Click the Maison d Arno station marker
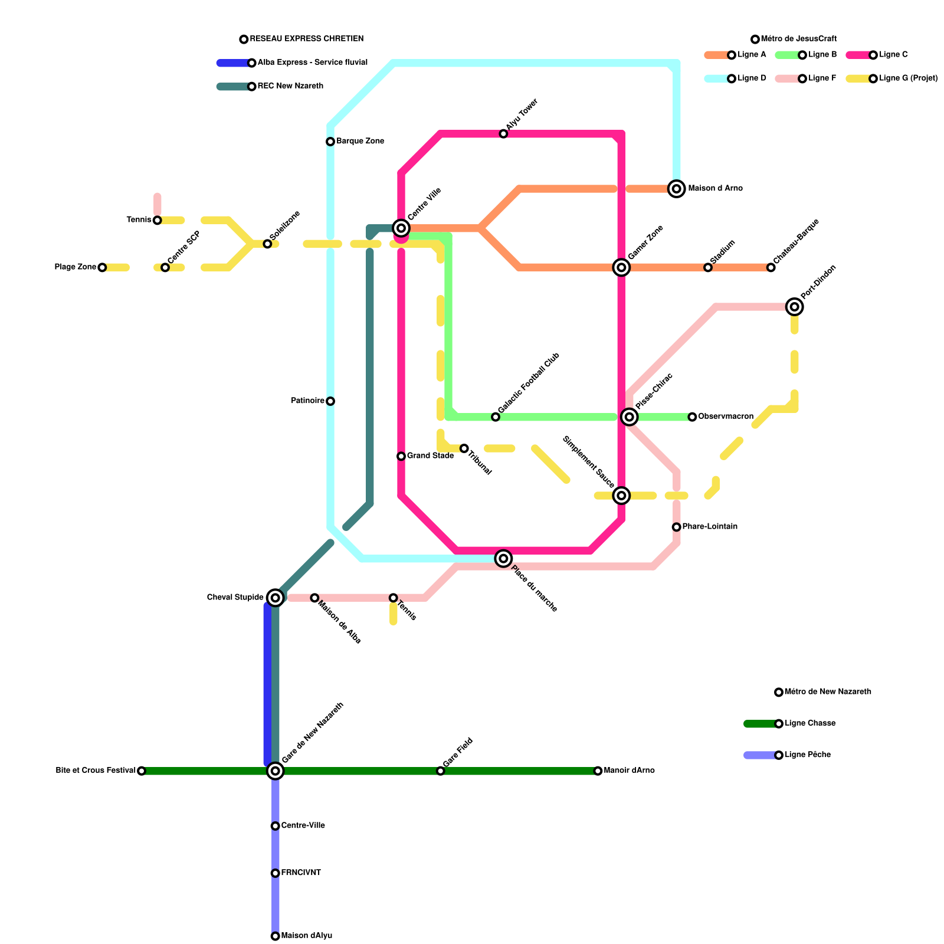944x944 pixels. [x=677, y=189]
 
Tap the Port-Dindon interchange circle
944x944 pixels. [x=795, y=307]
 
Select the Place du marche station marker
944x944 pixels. [x=503, y=558]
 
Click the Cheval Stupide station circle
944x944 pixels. [x=275, y=598]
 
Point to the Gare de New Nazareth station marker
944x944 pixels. [x=275, y=771]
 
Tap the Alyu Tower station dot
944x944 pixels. [x=503, y=134]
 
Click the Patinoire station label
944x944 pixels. [x=307, y=401]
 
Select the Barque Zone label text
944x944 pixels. [x=360, y=142]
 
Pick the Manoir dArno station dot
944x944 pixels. [x=598, y=771]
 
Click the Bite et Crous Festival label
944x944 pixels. [x=96, y=771]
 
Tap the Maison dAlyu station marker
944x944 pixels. [x=275, y=936]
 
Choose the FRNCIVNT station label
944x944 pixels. [x=301, y=873]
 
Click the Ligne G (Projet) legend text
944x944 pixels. [x=908, y=78]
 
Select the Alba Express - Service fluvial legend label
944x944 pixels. [x=312, y=63]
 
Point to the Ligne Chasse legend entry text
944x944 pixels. [x=809, y=723]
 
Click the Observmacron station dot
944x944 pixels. [x=692, y=417]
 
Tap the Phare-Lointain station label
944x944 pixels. [x=710, y=527]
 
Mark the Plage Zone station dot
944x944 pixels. [x=102, y=267]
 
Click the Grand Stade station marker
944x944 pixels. [x=401, y=456]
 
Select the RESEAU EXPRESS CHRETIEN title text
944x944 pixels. [x=306, y=39]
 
